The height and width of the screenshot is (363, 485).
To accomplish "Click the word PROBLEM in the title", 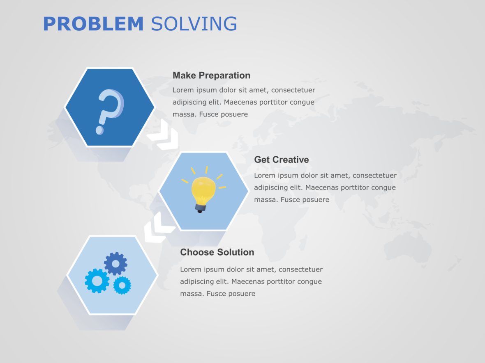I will click(93, 24).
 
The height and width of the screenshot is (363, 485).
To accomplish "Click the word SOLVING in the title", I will click(194, 24).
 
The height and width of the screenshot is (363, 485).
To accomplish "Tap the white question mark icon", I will click(109, 109).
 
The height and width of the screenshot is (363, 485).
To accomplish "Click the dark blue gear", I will click(115, 263).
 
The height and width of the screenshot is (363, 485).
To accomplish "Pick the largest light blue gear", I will click(97, 281).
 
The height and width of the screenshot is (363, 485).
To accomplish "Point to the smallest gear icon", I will click(122, 285).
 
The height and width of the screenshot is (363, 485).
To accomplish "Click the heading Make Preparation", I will click(211, 75).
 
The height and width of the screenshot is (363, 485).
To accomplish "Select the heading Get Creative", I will click(281, 160).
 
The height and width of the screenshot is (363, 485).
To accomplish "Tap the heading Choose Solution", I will click(217, 252).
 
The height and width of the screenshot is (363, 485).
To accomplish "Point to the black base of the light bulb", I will click(200, 209).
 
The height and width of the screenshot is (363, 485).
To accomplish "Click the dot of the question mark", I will click(99, 130).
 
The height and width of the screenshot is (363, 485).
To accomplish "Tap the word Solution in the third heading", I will click(236, 252).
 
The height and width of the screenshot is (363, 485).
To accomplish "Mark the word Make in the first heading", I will click(184, 75).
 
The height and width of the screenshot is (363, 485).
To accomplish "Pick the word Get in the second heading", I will click(262, 160).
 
